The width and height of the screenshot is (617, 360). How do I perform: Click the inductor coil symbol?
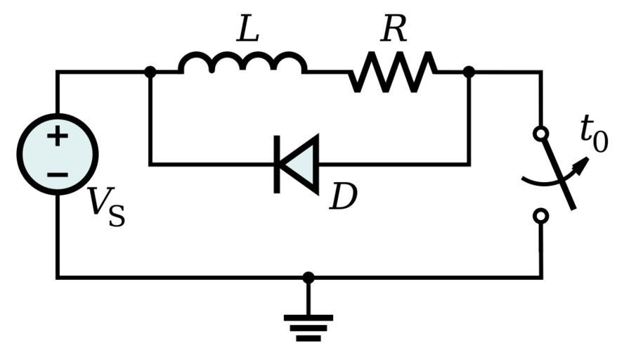(x=242, y=63)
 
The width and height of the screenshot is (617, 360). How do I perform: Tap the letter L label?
(x=247, y=30)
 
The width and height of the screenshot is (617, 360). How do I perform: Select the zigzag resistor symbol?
(x=392, y=72)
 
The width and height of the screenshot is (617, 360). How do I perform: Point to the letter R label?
(x=394, y=30)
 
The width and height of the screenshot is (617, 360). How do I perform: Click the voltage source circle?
(x=58, y=154)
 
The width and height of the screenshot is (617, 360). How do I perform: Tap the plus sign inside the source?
(x=58, y=136)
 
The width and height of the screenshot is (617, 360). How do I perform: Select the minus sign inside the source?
(x=58, y=173)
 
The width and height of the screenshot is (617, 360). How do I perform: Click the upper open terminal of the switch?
(x=540, y=133)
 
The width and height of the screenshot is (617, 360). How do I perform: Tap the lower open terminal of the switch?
(x=540, y=217)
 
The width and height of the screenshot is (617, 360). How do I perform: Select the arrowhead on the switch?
(x=581, y=165)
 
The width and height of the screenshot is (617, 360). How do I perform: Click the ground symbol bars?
(x=308, y=327)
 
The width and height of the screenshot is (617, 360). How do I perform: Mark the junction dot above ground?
(x=308, y=278)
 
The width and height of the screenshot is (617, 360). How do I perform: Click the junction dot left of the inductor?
(x=150, y=72)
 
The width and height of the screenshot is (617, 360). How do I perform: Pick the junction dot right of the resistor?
(x=469, y=72)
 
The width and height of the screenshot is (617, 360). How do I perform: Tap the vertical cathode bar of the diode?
(x=278, y=165)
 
